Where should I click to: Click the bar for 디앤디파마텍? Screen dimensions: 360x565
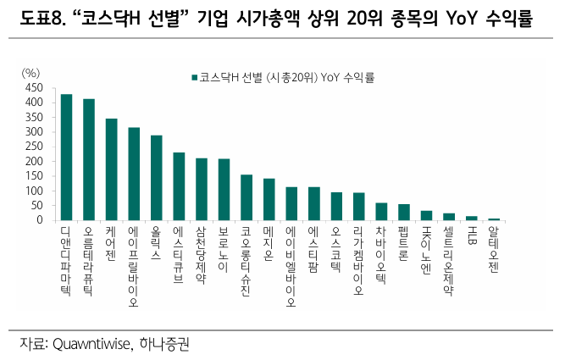(66, 158)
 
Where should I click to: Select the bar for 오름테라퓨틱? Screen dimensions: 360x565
(89, 160)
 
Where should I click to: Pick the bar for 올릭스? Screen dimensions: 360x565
(156, 178)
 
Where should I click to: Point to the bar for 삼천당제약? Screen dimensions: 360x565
(201, 189)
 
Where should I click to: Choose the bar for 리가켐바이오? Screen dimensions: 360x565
(358, 207)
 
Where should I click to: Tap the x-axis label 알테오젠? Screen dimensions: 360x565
(494, 250)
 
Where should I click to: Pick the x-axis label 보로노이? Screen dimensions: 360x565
(224, 250)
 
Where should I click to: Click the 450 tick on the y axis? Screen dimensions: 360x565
(34, 88)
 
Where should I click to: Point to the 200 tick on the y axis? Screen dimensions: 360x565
(34, 162)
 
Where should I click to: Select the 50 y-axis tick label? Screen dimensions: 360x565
(36, 206)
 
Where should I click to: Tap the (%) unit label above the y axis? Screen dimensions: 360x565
(31, 74)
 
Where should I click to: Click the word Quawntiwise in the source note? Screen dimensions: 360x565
(90, 344)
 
